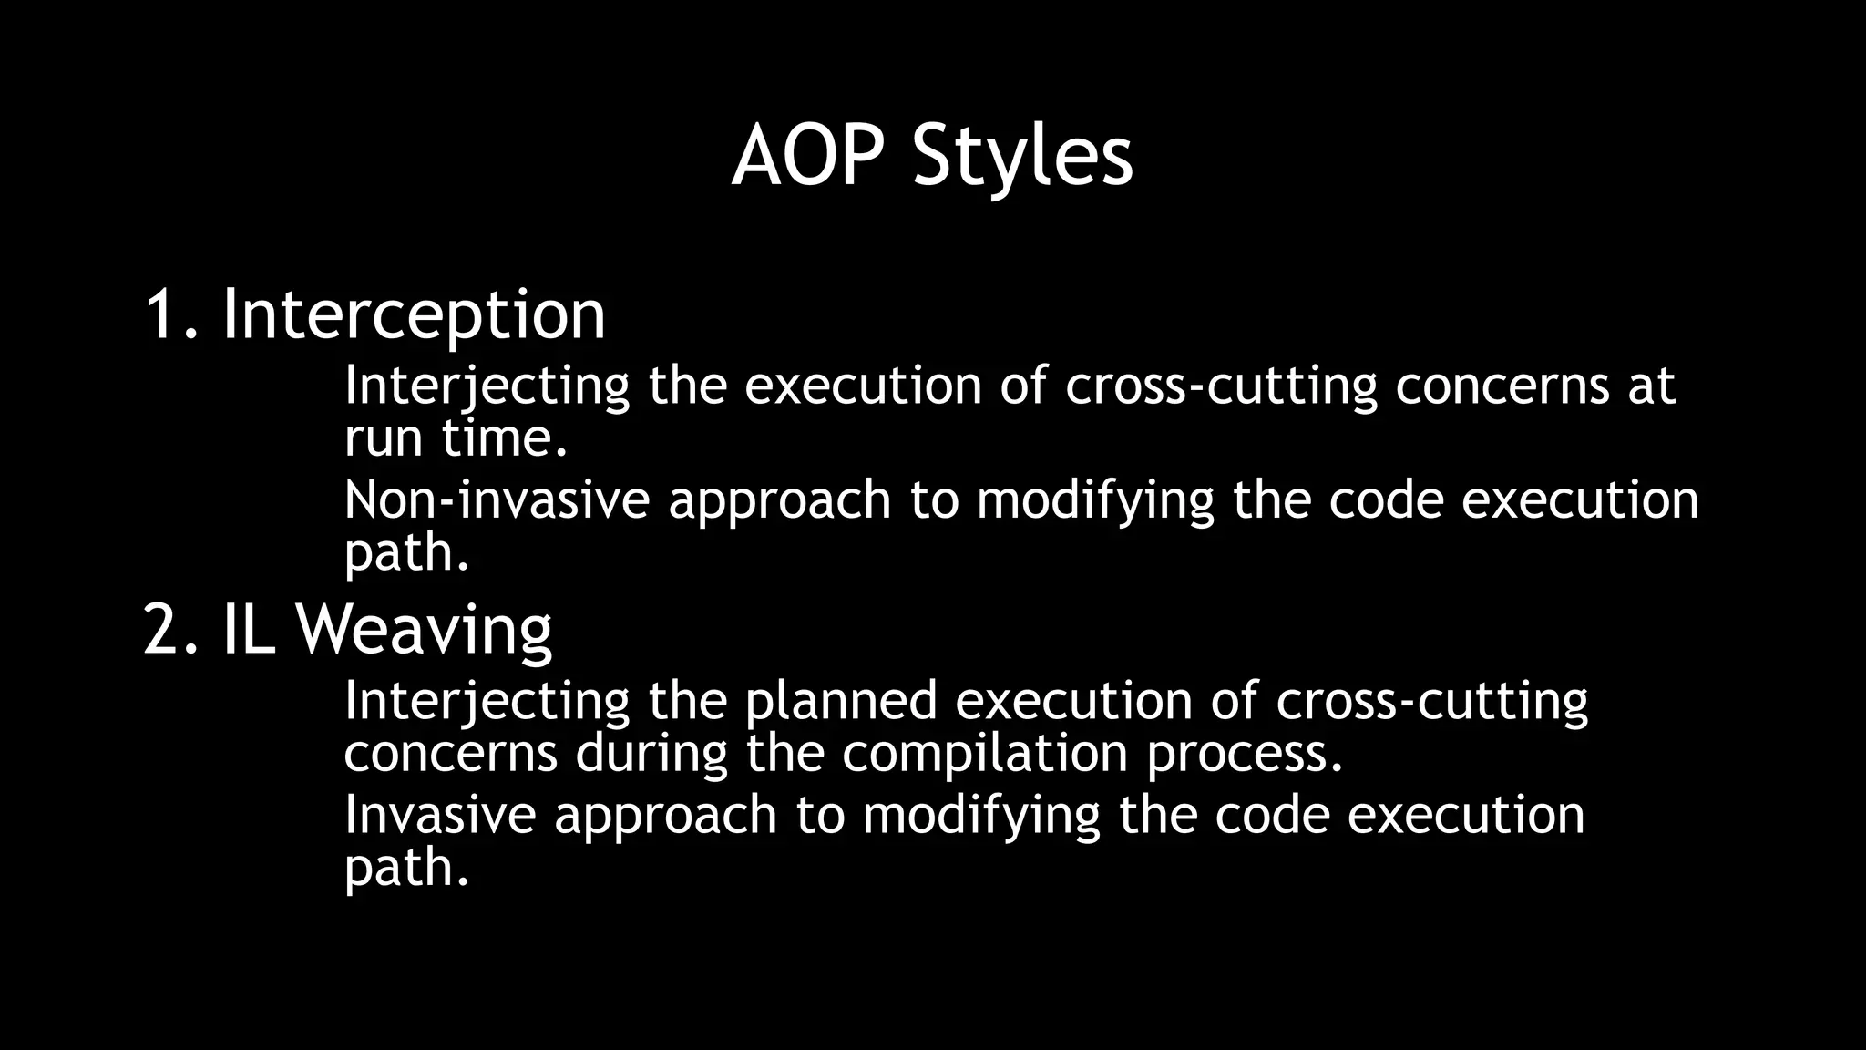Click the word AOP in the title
point(807,157)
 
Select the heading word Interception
point(414,314)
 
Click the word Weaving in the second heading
point(424,630)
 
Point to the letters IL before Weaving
point(249,630)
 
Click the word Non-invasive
point(497,500)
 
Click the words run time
point(456,438)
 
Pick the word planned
point(840,701)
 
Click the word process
point(1245,754)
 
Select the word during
point(651,754)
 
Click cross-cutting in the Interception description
point(1221,386)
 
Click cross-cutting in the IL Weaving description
point(1431,701)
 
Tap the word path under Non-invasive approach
point(406,553)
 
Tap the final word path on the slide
point(406,867)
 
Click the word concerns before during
point(450,754)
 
